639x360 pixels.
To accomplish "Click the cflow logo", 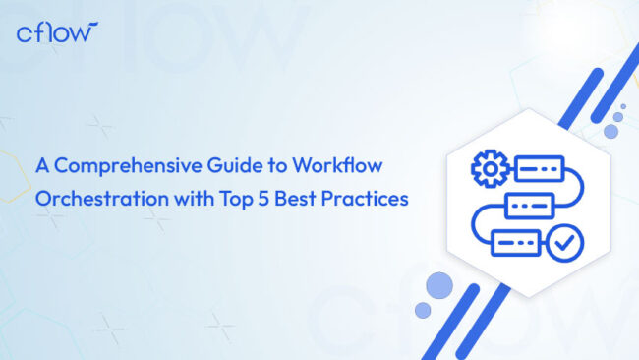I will (57, 32).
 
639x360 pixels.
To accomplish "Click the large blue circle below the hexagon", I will (439, 285).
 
